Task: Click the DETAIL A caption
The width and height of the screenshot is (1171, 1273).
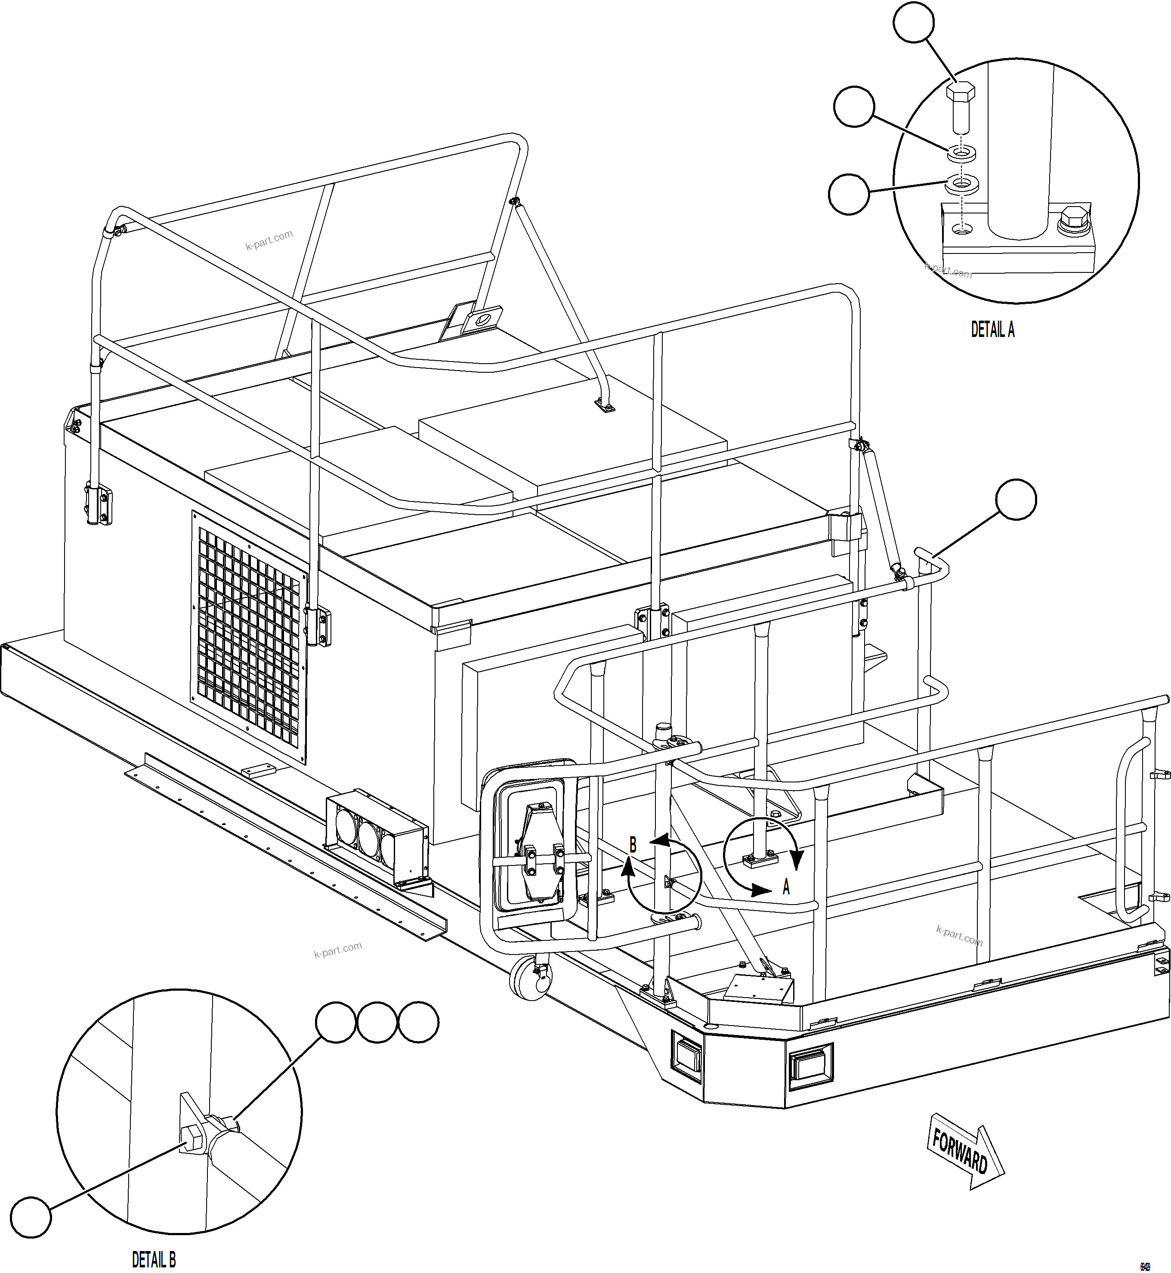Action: [992, 330]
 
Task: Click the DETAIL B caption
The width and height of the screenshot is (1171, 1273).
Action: [154, 1258]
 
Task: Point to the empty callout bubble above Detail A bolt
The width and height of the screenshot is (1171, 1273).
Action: [913, 23]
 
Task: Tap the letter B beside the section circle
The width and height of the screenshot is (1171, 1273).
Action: [632, 845]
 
